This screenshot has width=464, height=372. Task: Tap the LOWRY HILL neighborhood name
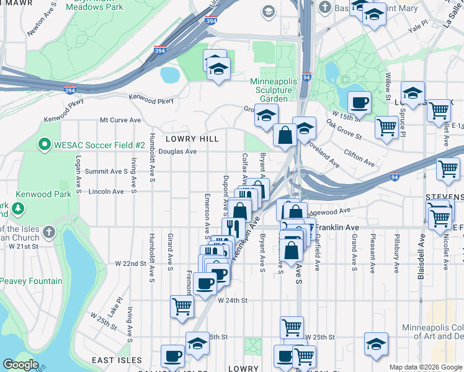pos(192,139)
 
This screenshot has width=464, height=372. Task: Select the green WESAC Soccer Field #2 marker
pos(44,144)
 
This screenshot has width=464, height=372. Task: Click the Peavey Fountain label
pos(30,281)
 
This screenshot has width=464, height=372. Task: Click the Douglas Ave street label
pos(177,151)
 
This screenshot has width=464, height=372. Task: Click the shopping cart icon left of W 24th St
pos(182,305)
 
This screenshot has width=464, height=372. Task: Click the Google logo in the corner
pos(21,365)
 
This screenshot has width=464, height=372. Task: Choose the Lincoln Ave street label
pos(106,192)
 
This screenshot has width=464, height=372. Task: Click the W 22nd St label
pos(129,263)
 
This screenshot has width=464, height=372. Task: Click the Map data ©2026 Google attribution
pos(425,367)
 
